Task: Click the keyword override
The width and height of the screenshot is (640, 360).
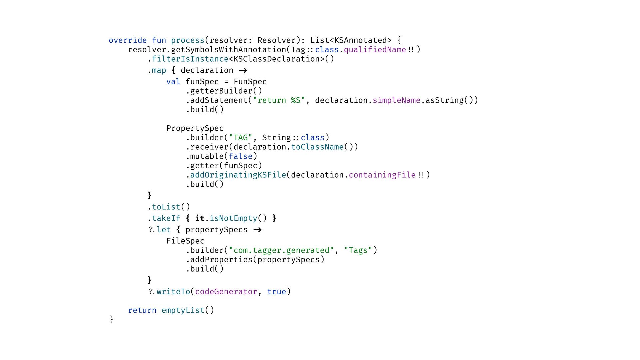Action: [x=128, y=40]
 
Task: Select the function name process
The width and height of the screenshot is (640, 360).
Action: [x=188, y=40]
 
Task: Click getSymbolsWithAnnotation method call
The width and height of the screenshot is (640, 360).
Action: [x=228, y=50]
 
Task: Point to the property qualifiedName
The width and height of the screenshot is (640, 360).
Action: [x=375, y=50]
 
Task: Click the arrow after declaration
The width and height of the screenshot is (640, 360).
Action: [x=243, y=70]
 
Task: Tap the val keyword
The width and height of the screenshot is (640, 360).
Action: [x=173, y=82]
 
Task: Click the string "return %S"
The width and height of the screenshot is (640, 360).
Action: [x=279, y=100]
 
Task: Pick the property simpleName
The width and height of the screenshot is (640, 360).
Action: [x=396, y=100]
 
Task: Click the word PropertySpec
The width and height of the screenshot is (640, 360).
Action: [x=195, y=128]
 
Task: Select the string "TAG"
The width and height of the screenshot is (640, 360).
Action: [x=241, y=138]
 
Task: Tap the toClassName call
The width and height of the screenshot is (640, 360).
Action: [x=317, y=147]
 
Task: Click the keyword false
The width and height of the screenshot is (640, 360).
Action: [x=241, y=156]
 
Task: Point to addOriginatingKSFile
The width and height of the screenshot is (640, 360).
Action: [x=238, y=175]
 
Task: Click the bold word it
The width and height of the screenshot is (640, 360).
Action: [x=200, y=218]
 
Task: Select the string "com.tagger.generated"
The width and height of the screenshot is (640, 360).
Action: [x=281, y=250]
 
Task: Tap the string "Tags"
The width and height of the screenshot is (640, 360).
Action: [x=358, y=250]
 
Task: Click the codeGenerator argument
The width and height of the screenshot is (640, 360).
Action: [x=226, y=292]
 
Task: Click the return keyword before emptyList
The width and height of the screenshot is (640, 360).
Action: [x=142, y=310]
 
